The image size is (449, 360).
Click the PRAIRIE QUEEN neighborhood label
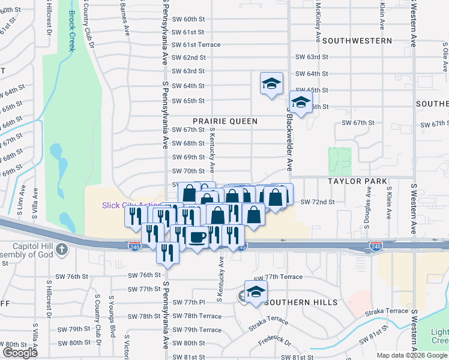click(225, 121)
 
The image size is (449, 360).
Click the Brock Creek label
click(71, 31)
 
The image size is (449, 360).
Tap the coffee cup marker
click(196, 237)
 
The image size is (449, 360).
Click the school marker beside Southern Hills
click(256, 292)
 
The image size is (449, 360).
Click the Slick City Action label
click(130, 205)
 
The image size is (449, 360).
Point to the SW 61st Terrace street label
click(196, 45)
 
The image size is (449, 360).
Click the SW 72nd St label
click(317, 202)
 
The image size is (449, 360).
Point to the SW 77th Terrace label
click(278, 277)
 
